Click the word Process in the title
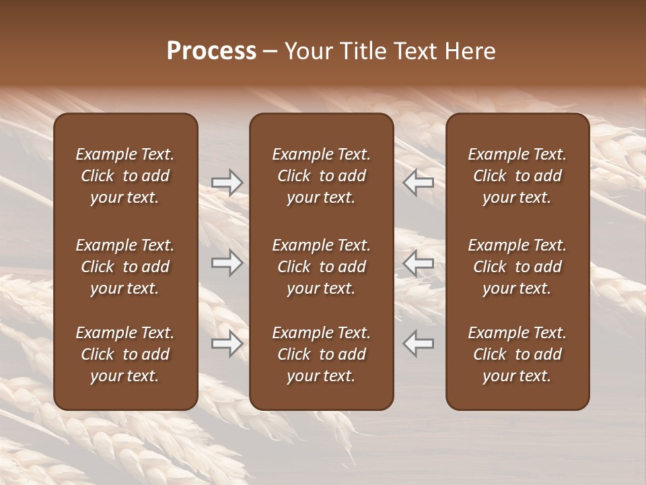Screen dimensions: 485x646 coord(211,51)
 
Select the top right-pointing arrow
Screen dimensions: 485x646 coord(227,183)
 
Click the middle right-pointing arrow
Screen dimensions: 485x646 coord(227,263)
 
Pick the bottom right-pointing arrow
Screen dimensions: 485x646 coord(227,344)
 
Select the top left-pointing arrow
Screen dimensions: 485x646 coord(419,183)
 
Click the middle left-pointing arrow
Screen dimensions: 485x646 coord(419,263)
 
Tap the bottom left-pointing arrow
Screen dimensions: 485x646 coord(419,344)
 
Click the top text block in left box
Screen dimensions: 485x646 coord(125,176)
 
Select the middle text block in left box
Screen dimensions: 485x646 coord(125,267)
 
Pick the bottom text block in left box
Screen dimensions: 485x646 coord(125,354)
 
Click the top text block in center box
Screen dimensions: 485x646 coord(321,176)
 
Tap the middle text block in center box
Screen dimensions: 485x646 coord(321,267)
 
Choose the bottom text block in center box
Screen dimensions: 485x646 coord(321,354)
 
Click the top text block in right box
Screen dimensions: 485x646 coord(517,176)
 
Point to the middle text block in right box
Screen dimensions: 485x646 coord(517,267)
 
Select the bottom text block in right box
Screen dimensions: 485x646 coord(517,354)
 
